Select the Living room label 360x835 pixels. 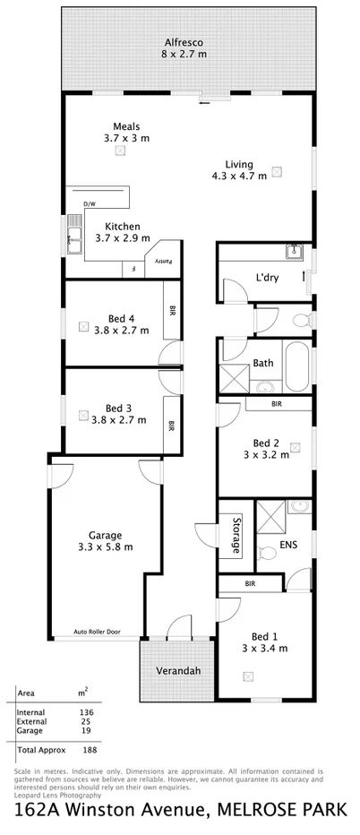tap(238, 164)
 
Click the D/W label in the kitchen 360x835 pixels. tap(89, 205)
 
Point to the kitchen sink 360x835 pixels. tap(72, 238)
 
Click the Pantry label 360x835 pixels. tap(164, 261)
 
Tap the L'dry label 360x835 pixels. tap(267, 278)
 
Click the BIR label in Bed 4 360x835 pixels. tap(171, 311)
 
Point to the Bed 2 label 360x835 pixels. tap(266, 443)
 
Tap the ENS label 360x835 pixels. tap(288, 543)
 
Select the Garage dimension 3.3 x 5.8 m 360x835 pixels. tap(104, 546)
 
